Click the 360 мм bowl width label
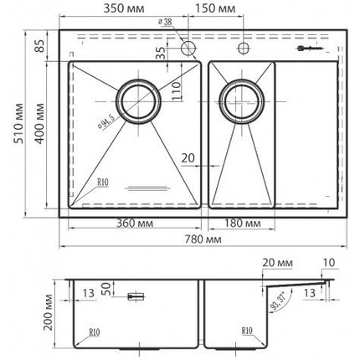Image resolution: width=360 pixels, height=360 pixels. pyautogui.click(x=132, y=224)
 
